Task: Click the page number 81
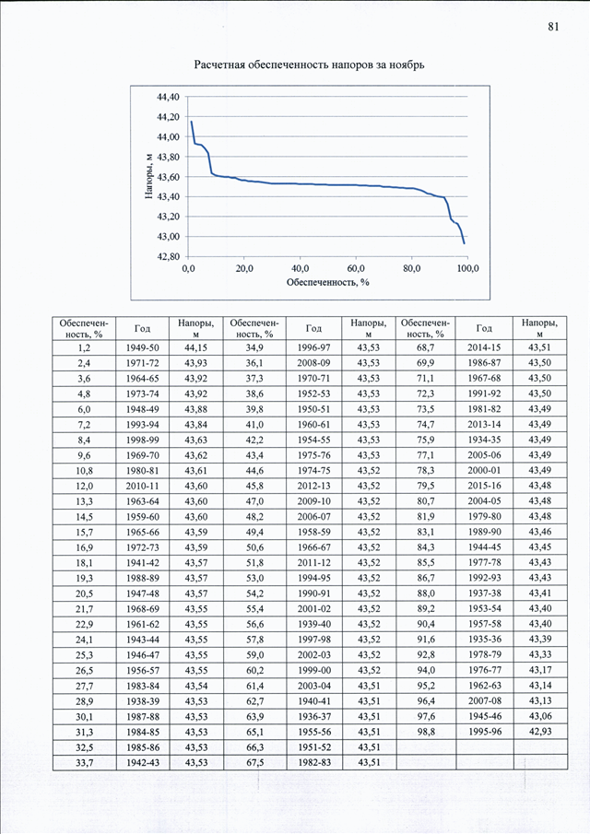coord(553,27)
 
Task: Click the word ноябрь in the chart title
coord(407,65)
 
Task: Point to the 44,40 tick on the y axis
coord(168,97)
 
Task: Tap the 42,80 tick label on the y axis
coord(168,256)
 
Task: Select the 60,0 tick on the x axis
coord(356,268)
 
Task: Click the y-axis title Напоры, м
coord(149,176)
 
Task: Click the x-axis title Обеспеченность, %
coord(327,282)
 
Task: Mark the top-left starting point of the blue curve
coord(191,122)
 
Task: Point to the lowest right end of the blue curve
coord(465,243)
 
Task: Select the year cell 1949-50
coord(143,347)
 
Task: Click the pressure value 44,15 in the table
coord(195,347)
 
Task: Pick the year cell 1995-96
coord(485,732)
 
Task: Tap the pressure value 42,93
coord(540,732)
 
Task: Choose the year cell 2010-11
coord(143,487)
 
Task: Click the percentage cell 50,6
coord(254,547)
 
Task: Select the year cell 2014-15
coord(485,347)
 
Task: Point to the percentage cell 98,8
coord(426,732)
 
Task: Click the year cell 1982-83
coord(314,762)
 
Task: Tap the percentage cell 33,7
coord(84,763)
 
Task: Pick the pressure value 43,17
coord(540,670)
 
